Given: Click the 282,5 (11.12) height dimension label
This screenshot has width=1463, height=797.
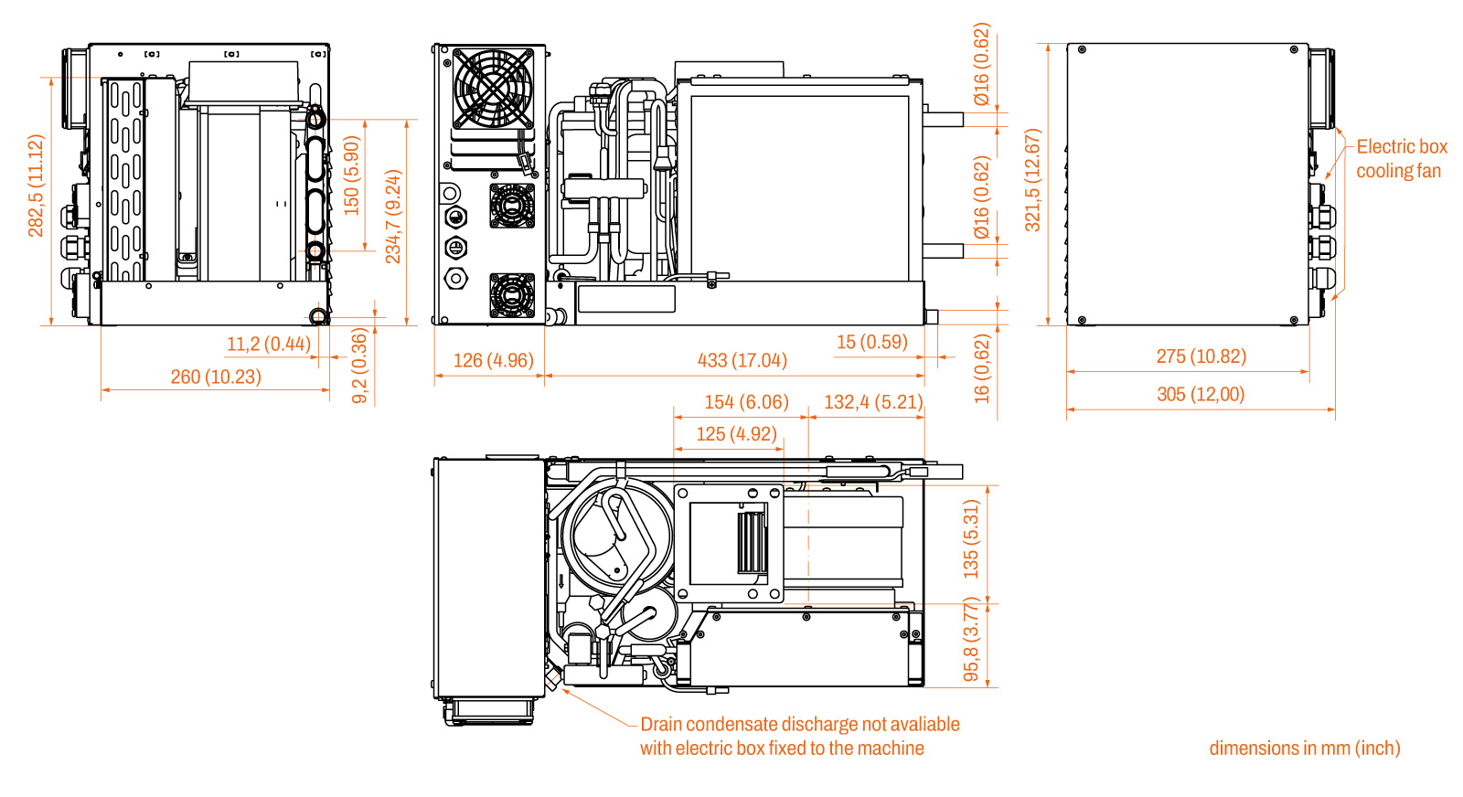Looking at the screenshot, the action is pyautogui.click(x=36, y=186).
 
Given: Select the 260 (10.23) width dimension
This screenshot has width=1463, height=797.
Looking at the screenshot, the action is pyautogui.click(x=216, y=377).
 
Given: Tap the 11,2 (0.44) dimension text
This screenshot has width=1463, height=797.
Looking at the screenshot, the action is pyautogui.click(x=269, y=344).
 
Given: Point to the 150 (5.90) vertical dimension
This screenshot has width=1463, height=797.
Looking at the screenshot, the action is pyautogui.click(x=351, y=175).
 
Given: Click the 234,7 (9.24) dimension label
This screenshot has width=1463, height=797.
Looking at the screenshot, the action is pyautogui.click(x=393, y=217).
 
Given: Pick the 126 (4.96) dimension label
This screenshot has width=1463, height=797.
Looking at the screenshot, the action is pyautogui.click(x=493, y=360).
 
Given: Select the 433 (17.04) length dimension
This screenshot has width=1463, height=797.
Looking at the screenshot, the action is pyautogui.click(x=742, y=360).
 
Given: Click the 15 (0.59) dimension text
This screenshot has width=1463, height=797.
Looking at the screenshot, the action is pyautogui.click(x=872, y=342).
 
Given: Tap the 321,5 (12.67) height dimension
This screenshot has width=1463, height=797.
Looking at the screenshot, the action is pyautogui.click(x=1032, y=180).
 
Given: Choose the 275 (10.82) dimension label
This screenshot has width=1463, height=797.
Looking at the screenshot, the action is pyautogui.click(x=1201, y=356).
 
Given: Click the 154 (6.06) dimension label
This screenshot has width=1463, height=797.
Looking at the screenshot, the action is pyautogui.click(x=746, y=401).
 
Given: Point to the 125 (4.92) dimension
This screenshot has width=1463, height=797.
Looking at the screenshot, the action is pyautogui.click(x=736, y=433).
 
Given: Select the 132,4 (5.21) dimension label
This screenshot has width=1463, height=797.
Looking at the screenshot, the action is pyautogui.click(x=874, y=401).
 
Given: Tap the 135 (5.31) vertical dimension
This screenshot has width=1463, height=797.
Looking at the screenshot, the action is pyautogui.click(x=971, y=539).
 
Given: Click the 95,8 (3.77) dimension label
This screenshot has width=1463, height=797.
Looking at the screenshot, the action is pyautogui.click(x=971, y=639).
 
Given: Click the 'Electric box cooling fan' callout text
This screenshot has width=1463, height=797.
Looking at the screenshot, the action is pyautogui.click(x=1401, y=159).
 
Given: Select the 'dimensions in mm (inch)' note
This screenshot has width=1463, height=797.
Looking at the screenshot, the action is pyautogui.click(x=1305, y=748).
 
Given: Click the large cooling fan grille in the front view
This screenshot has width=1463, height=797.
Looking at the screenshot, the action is pyautogui.click(x=493, y=89).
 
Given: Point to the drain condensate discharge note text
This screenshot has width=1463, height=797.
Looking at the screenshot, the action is pyautogui.click(x=799, y=737).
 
